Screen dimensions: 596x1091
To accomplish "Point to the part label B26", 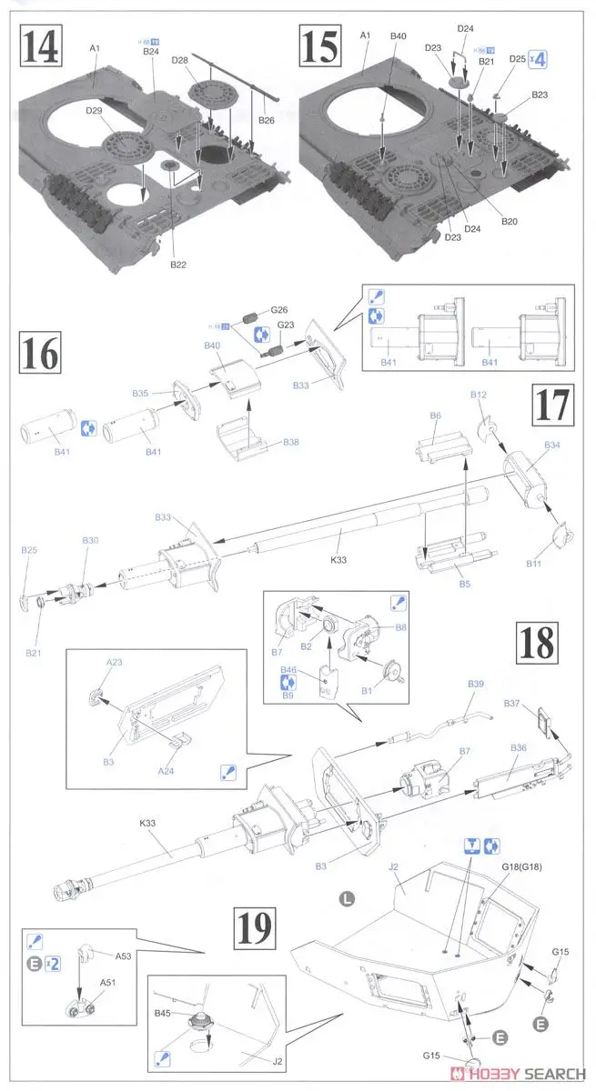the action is point(266,120).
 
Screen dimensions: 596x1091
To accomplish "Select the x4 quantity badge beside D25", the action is point(540,61).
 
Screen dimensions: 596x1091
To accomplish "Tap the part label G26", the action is point(278,309).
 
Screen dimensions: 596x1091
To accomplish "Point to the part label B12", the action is point(479,395).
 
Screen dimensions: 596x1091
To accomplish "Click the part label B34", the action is point(552,445).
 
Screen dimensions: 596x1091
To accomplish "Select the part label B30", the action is point(90,540).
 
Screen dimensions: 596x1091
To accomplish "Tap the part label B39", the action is point(477,683).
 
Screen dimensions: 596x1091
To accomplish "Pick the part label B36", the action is point(519,747).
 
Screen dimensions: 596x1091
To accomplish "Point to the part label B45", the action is point(163,1012).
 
